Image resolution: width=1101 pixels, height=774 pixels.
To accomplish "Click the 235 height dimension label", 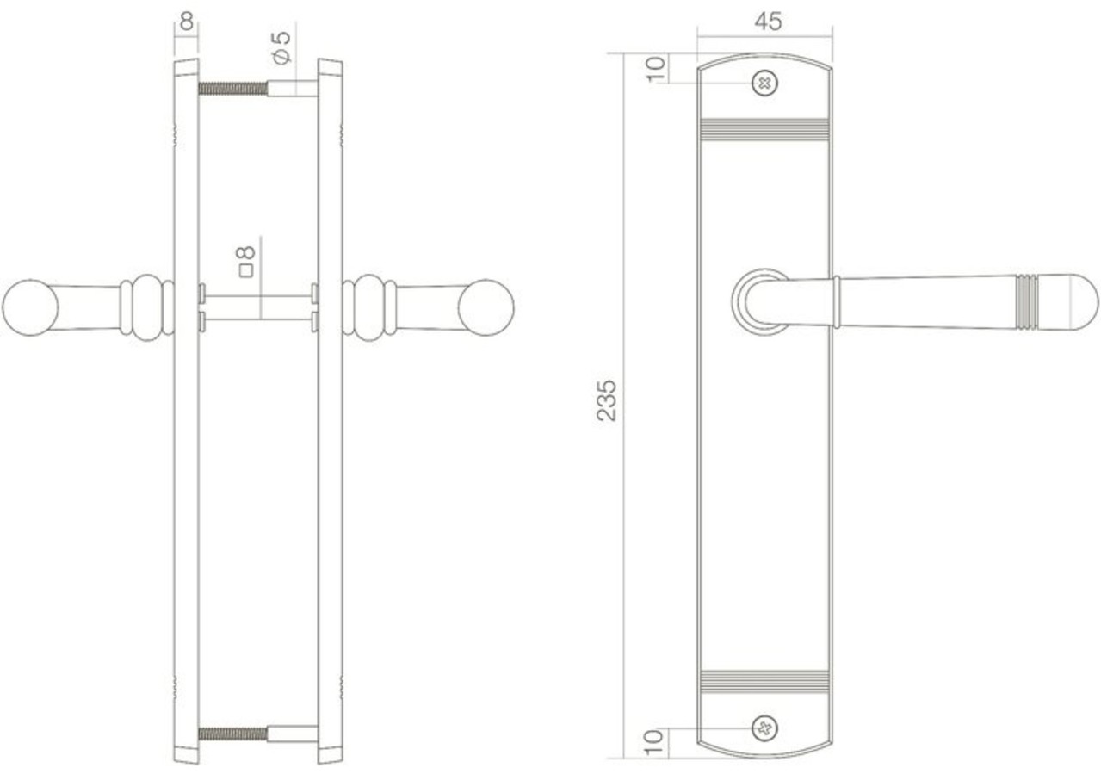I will pos(608,399).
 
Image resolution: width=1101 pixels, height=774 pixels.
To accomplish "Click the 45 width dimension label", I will pos(767,22).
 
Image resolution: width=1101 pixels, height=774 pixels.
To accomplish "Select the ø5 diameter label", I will pos(281,47).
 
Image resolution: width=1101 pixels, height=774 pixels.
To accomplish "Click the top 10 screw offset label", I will pos(656,68).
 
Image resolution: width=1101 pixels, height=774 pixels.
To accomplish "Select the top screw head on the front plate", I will pos(764,84).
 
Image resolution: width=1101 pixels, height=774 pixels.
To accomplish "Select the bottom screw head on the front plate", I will pos(764,728).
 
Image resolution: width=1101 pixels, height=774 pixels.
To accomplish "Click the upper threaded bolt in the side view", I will pos(233,88).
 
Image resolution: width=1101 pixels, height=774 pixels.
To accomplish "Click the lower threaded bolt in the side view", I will pos(233,734).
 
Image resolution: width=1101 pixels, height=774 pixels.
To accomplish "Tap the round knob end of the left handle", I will pos(29,307).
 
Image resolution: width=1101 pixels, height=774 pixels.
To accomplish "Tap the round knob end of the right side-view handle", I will pos(486,307).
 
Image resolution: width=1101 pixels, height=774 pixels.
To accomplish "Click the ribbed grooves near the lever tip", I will pos(1026,302).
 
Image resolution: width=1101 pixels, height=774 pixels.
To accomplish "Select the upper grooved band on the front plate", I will pos(764,128).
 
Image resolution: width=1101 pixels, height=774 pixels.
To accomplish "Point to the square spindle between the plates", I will pos(257,307).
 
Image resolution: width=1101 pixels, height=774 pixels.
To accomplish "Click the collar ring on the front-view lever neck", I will pos(836,302).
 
